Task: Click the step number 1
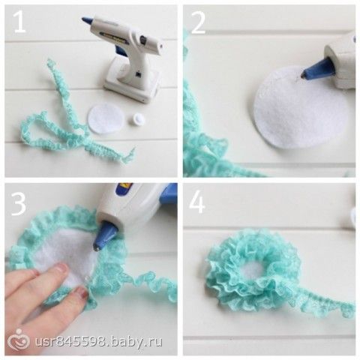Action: (x=19, y=22)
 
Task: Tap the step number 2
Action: (x=198, y=23)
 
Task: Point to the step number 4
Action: (x=197, y=202)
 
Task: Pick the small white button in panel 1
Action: (x=136, y=118)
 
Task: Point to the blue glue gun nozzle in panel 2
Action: (x=316, y=68)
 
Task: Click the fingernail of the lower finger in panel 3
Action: (x=80, y=291)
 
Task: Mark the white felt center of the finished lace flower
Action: (x=251, y=271)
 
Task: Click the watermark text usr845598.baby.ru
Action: (x=98, y=340)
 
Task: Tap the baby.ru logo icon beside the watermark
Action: (x=18, y=340)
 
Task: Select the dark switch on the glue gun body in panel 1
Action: (x=142, y=39)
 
